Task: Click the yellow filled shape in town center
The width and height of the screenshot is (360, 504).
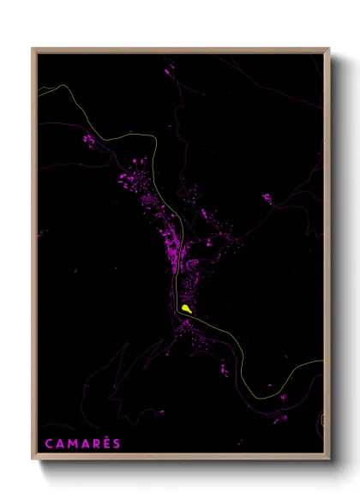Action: (x=186, y=307)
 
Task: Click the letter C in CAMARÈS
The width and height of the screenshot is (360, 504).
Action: (x=45, y=444)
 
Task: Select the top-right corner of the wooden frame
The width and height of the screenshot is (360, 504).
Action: (x=328, y=49)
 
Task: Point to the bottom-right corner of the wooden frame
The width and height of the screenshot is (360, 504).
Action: (x=328, y=460)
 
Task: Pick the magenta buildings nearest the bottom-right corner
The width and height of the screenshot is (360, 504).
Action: (x=281, y=417)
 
